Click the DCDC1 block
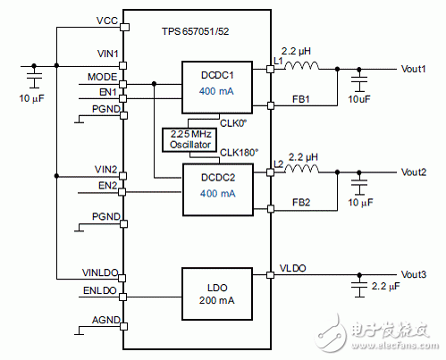[217, 88]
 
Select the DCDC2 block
[218, 189]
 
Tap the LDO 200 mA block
[217, 294]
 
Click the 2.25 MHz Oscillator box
[189, 139]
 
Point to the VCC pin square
[125, 27]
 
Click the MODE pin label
[102, 77]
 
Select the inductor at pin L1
[301, 66]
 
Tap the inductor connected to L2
[301, 169]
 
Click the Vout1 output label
[413, 69]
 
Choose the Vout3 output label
[414, 274]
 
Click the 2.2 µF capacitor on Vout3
[359, 286]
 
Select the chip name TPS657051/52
[196, 31]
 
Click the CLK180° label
[239, 153]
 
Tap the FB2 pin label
[301, 203]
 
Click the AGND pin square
[124, 326]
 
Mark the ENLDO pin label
[100, 290]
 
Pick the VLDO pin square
[270, 275]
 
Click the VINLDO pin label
[100, 272]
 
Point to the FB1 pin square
[271, 105]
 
